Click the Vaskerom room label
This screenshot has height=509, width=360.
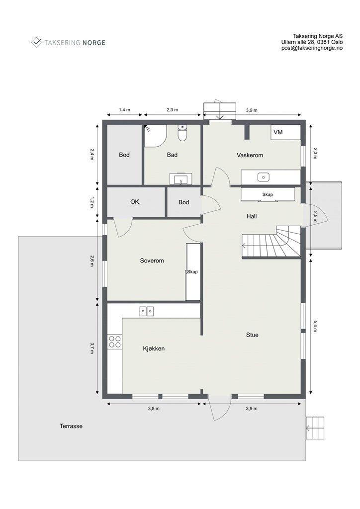[250, 155]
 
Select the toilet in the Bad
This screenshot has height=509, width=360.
[182, 134]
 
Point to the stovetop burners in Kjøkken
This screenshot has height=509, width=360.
[115, 341]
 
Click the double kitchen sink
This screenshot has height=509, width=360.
[147, 311]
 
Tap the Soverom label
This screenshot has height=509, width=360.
[152, 260]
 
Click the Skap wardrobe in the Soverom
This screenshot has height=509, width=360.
[193, 272]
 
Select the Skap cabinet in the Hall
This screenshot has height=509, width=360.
[268, 194]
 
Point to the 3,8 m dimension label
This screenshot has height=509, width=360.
[154, 408]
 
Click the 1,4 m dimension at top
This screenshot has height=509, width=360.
[124, 110]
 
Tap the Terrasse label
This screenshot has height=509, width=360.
[71, 426]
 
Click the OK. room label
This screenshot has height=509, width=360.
[135, 202]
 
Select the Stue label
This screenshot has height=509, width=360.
[252, 335]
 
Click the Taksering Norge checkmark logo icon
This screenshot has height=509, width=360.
[36, 42]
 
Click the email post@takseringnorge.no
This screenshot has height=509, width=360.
[312, 48]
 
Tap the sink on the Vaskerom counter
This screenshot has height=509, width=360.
[262, 177]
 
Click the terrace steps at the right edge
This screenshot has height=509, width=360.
[315, 428]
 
